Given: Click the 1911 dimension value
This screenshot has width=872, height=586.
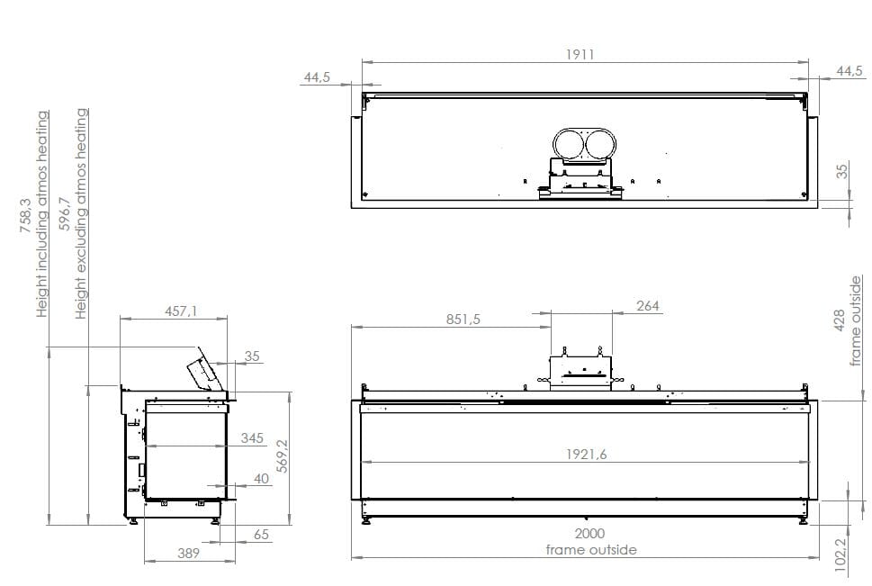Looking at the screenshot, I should coord(580,54).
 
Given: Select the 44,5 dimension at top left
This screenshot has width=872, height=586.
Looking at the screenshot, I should coord(318,78).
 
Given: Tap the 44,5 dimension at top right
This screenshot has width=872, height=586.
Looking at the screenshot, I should coord(850,71).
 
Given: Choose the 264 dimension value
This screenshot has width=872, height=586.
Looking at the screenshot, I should coord(648,306).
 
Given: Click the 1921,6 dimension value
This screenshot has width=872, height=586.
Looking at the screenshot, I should coord(586,455).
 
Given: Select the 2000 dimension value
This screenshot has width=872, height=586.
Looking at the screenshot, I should coord(590,533).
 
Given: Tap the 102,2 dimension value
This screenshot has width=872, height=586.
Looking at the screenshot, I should coord(840,551).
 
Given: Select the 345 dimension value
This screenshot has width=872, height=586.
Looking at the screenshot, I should coord(253,438).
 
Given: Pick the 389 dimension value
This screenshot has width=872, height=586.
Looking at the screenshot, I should coord(188,554).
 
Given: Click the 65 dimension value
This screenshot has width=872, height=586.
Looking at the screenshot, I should coord(261,535).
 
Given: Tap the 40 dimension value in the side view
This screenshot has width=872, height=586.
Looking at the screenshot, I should coord(261,479).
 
